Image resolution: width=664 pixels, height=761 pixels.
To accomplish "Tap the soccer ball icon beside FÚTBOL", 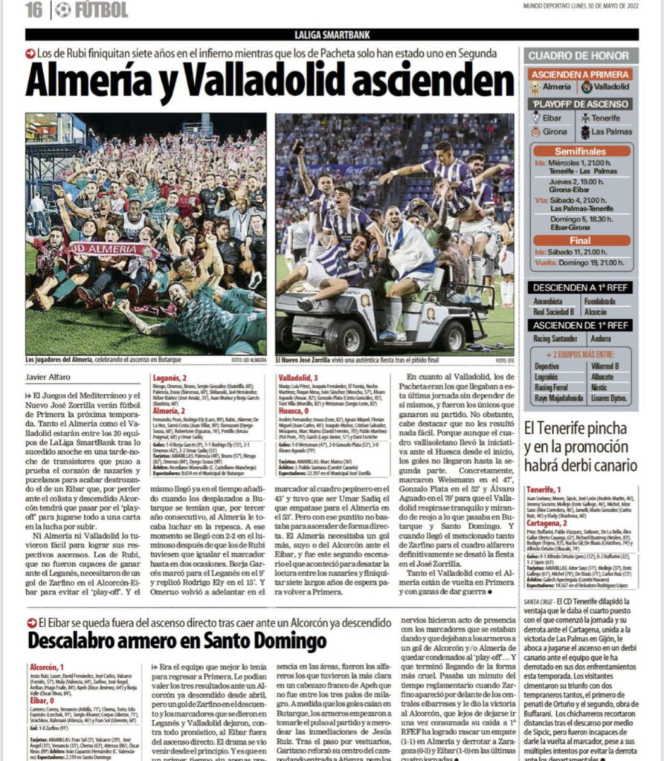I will pos(63,10).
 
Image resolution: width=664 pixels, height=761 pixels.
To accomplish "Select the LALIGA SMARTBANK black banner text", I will pos(331,35).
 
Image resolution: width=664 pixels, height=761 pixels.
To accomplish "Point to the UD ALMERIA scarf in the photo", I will pos(112,250).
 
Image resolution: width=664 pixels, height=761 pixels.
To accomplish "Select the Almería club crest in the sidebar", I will pos(535,87).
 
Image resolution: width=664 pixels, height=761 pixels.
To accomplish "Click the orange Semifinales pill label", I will pos(581,150).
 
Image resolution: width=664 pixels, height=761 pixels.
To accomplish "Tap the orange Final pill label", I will pos(581,240).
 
